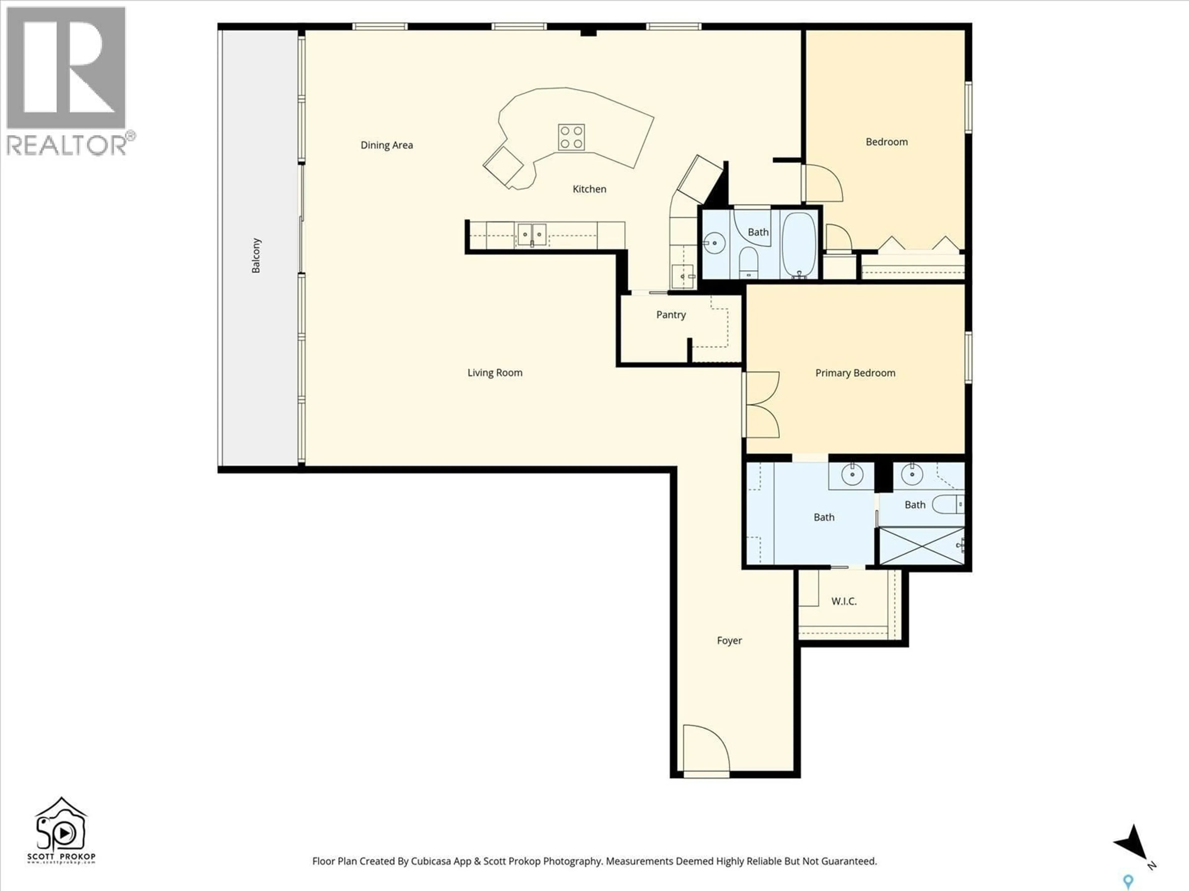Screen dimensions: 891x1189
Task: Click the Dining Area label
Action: (x=386, y=145)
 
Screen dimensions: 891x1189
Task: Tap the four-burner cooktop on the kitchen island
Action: (x=571, y=137)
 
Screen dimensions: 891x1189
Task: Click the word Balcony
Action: (x=256, y=256)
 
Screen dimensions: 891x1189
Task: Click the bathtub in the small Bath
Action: (x=799, y=244)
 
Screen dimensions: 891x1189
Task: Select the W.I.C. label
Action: (x=843, y=601)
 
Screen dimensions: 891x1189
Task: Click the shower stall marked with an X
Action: (x=921, y=546)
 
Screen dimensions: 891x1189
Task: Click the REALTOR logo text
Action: (x=67, y=145)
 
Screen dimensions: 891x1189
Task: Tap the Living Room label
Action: (x=494, y=373)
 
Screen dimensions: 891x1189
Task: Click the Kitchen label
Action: (x=589, y=189)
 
